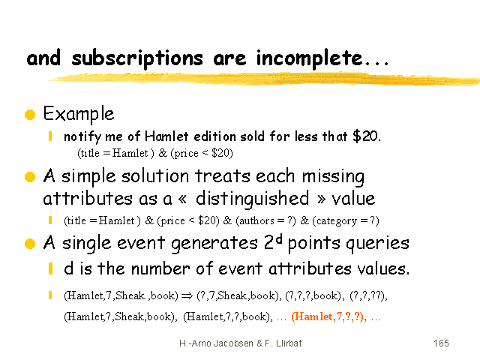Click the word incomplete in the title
point(309,58)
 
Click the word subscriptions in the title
point(137,58)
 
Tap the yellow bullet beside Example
point(30,115)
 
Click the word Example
point(79,114)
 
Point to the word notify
point(82,136)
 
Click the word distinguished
point(253,199)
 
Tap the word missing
point(333,177)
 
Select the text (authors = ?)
point(265,220)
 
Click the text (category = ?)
point(346,220)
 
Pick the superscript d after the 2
point(278,239)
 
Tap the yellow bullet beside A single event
point(30,244)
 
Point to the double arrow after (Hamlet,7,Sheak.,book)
point(187,295)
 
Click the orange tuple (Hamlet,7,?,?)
point(328,316)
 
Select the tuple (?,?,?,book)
point(313,295)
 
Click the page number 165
point(441,343)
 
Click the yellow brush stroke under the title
point(263,79)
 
